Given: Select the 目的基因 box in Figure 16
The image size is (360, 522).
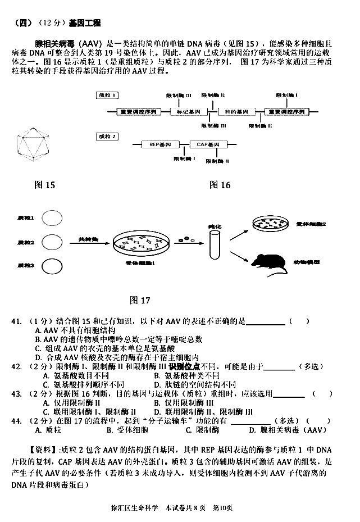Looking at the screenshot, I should (x=233, y=112).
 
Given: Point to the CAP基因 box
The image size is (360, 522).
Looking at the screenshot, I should (x=207, y=144).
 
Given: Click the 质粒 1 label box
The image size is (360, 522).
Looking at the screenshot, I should (x=104, y=95).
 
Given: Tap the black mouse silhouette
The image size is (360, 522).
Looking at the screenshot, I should (x=270, y=262).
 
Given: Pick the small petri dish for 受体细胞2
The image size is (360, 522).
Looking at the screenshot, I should (x=272, y=224).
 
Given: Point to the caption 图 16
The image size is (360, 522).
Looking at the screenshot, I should (x=220, y=185).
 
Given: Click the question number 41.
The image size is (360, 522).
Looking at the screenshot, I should (x=19, y=321).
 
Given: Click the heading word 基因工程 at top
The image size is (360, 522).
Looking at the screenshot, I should (x=84, y=23).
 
